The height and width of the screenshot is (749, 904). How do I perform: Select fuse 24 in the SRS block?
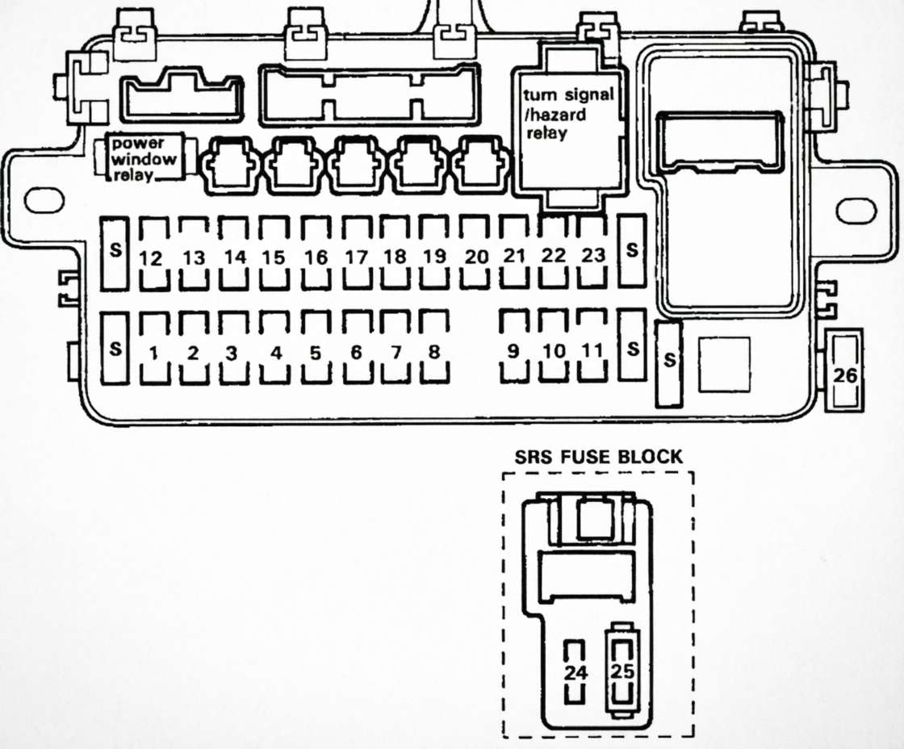click(x=575, y=672)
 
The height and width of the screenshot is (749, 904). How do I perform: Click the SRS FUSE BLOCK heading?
click(x=599, y=457)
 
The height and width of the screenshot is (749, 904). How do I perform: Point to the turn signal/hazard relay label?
click(x=568, y=114)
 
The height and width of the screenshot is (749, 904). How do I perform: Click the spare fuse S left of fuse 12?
click(x=115, y=252)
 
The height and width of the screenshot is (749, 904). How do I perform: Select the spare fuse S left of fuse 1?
click(x=115, y=349)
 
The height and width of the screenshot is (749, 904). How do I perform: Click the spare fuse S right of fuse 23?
click(x=631, y=250)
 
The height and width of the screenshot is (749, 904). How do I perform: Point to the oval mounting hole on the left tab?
click(x=44, y=200)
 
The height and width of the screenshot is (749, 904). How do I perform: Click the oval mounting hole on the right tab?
click(x=856, y=210)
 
